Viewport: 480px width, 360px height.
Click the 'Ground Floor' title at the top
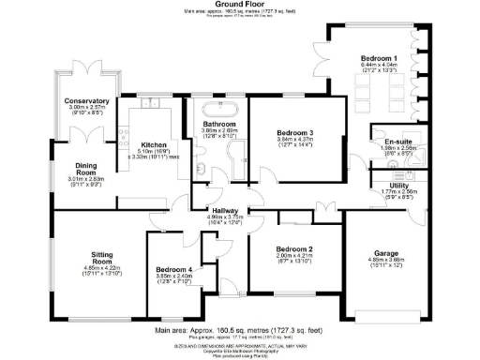(x=240, y=4)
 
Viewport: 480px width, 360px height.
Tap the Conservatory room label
(x=87, y=100)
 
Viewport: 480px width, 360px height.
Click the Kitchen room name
(x=127, y=144)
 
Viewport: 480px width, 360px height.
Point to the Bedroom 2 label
(x=292, y=248)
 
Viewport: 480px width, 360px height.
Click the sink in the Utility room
(x=411, y=174)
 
